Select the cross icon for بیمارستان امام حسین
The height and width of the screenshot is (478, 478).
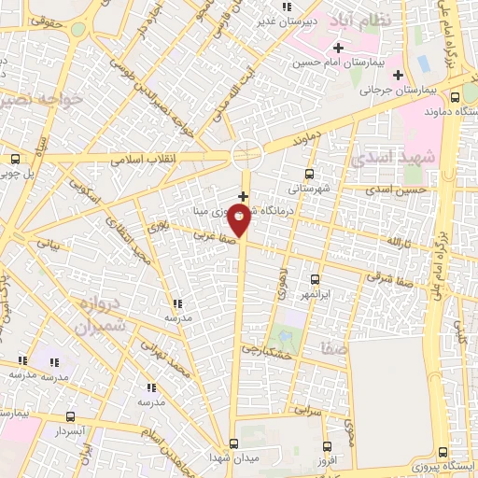click(x=337, y=47)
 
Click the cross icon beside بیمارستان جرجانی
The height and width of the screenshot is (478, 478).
click(x=399, y=74)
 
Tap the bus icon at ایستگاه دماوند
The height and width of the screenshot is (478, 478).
click(x=455, y=96)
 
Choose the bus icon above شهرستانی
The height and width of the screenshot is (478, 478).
click(x=310, y=173)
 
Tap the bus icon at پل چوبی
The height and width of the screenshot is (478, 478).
click(x=14, y=158)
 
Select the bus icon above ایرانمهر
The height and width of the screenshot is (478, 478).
click(x=314, y=279)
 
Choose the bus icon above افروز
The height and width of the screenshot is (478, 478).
click(x=326, y=445)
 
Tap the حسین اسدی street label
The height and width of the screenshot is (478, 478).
click(x=396, y=190)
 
